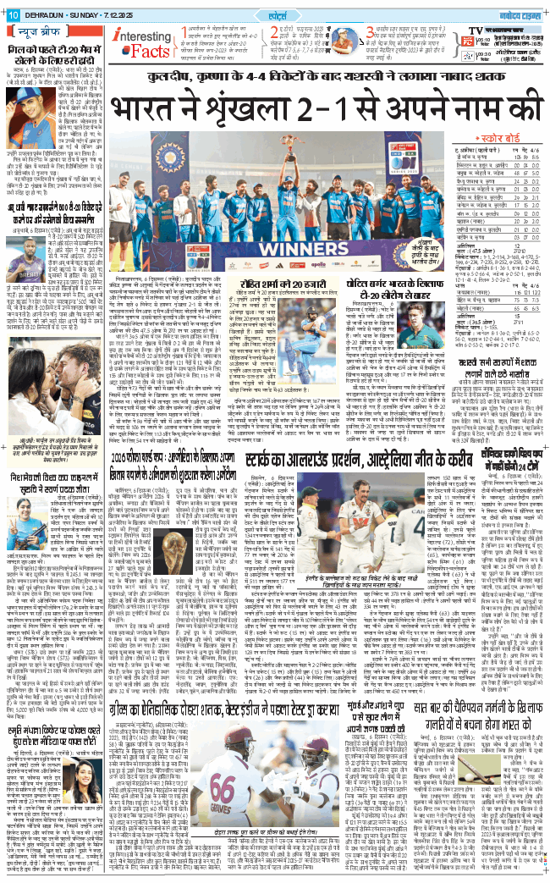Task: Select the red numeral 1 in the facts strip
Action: (x=182, y=35)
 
